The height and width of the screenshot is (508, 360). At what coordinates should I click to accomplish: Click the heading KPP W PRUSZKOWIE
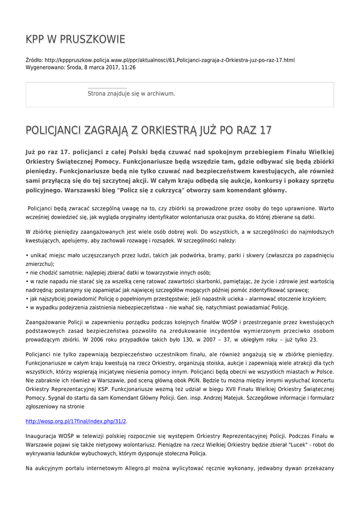(75, 39)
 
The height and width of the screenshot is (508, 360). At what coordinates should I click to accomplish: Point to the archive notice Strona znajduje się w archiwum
(131, 93)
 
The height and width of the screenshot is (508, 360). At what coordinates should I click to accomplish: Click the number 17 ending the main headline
(266, 130)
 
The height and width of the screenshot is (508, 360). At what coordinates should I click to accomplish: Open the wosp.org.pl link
(76, 421)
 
